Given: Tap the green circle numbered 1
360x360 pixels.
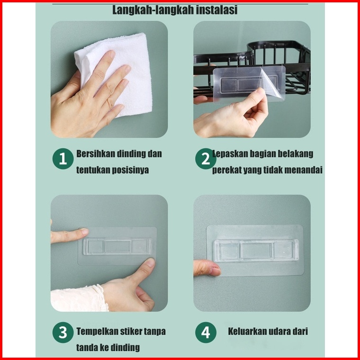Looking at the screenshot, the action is [x=63, y=159].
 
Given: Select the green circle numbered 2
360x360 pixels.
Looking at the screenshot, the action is [x=206, y=159].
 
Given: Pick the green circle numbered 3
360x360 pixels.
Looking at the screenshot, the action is [x=63, y=332].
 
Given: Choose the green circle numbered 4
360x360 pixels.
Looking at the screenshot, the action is [x=206, y=332].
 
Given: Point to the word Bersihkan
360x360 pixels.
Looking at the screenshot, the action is [x=96, y=154].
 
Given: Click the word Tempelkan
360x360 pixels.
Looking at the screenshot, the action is [x=96, y=332].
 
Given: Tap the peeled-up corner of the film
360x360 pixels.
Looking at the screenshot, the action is [x=272, y=83].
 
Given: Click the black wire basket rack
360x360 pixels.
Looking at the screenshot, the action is [x=252, y=67].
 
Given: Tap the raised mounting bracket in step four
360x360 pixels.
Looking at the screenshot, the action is [x=256, y=250].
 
